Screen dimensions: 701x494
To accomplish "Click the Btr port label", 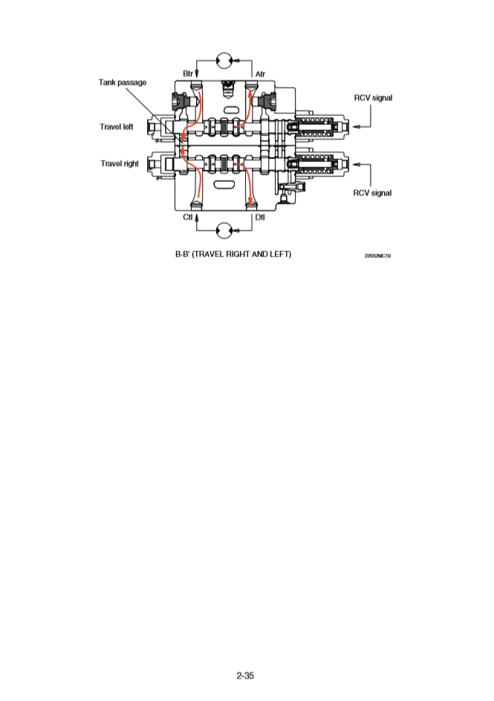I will (189, 73).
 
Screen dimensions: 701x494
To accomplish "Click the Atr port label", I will (260, 73).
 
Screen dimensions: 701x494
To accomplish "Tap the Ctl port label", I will (188, 217).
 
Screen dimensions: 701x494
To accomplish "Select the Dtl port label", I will (260, 217).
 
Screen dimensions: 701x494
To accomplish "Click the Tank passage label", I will (123, 82).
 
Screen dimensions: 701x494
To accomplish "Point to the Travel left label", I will (117, 126).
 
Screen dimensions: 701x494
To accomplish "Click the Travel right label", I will (120, 164).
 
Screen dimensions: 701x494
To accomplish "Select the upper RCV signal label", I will (372, 97).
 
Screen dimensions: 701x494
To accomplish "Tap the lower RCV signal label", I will (372, 193).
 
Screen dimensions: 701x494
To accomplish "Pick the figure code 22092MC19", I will (377, 256).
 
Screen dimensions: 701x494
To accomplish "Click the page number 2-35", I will (246, 676).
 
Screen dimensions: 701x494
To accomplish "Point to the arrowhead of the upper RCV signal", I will (356, 126).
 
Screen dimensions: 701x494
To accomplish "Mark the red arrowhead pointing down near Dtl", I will (252, 199).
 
